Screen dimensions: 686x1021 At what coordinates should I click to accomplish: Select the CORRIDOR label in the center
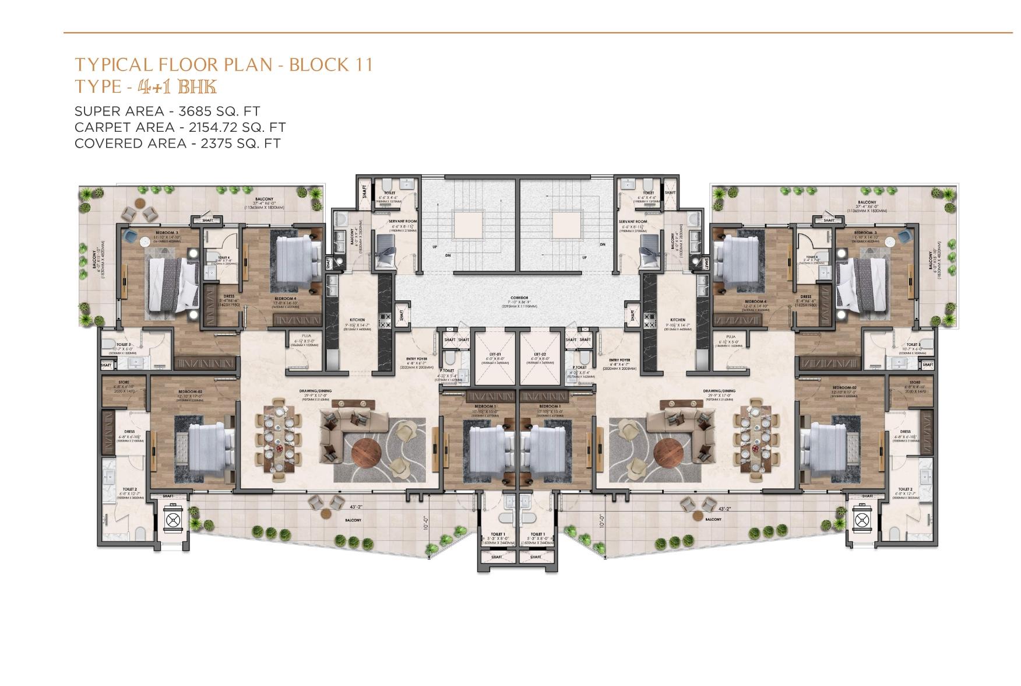pos(519,298)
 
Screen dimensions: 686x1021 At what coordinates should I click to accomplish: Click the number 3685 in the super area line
pos(181,111)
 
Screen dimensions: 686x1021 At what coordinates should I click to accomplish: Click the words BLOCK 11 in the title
pos(330,64)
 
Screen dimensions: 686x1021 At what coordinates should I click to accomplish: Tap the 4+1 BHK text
pos(177,87)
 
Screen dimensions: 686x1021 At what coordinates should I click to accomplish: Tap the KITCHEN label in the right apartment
pos(678,320)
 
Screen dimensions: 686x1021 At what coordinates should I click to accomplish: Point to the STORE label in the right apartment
pos(914,383)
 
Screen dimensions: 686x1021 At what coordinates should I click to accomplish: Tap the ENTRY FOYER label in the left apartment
pos(417,360)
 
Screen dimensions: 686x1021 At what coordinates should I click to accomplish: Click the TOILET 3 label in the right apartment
pos(913,345)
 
